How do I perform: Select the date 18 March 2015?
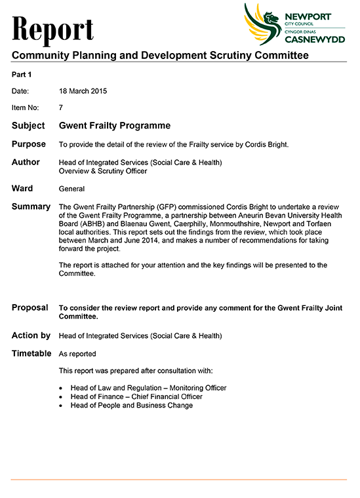pos(83,91)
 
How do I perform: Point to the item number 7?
pos(61,107)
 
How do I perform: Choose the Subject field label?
pos(28,126)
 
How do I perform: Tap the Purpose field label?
pos(29,144)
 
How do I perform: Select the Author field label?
pos(26,162)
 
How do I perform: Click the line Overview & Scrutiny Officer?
pos(102,171)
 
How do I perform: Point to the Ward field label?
pos(22,189)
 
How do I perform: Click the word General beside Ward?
pos(71,189)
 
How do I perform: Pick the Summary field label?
pos(31,207)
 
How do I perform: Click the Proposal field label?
pos(30,307)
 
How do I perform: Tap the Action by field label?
pos(31,335)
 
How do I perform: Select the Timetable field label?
pos(31,354)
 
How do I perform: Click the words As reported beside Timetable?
pos(77,354)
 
